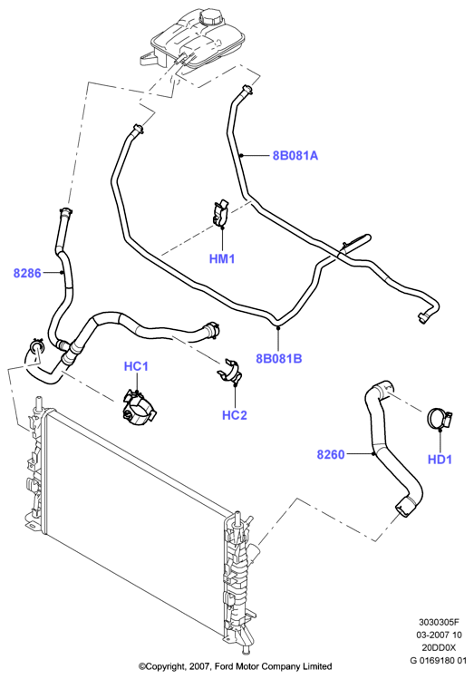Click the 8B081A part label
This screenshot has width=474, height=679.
click(x=295, y=155)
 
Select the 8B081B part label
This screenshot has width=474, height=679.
click(x=279, y=359)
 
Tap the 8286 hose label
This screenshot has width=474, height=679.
click(x=27, y=273)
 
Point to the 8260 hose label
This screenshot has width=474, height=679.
click(x=331, y=455)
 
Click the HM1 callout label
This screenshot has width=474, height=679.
click(x=222, y=259)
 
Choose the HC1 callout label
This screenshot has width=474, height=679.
click(x=136, y=366)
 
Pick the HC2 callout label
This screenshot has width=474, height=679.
click(x=234, y=415)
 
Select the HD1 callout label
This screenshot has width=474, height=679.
click(x=440, y=460)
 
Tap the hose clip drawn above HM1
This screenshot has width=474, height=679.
click(x=221, y=213)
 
